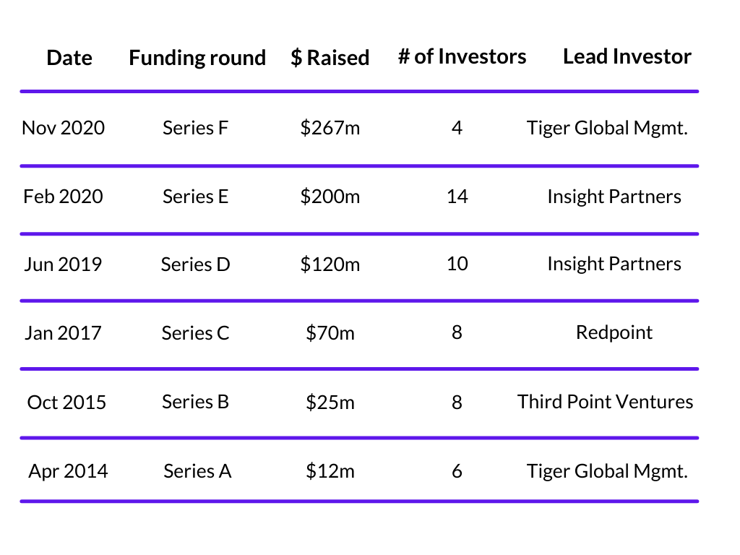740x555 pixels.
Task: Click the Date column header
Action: (x=69, y=58)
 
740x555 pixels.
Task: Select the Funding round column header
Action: (x=197, y=59)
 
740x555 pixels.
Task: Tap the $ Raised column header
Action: (x=330, y=58)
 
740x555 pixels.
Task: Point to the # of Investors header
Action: (x=462, y=56)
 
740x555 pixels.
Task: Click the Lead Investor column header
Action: (x=627, y=56)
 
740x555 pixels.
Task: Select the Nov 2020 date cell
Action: (x=64, y=128)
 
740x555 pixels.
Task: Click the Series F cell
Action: (x=195, y=128)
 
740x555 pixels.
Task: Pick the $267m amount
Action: (x=330, y=128)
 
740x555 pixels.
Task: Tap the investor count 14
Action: (x=457, y=197)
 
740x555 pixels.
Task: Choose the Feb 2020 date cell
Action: (x=64, y=197)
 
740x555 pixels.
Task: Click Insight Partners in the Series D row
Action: (x=614, y=264)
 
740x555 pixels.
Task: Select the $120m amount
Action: (x=330, y=264)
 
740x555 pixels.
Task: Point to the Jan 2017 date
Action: (x=64, y=333)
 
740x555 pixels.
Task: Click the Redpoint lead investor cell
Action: (x=614, y=332)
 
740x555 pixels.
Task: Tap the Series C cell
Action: (x=195, y=333)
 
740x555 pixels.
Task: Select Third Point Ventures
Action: (x=605, y=402)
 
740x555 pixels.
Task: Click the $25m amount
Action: (x=330, y=402)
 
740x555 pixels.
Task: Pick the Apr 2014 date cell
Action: (x=68, y=471)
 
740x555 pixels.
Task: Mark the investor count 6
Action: (x=457, y=471)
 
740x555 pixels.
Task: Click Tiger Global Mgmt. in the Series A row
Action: (x=607, y=471)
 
